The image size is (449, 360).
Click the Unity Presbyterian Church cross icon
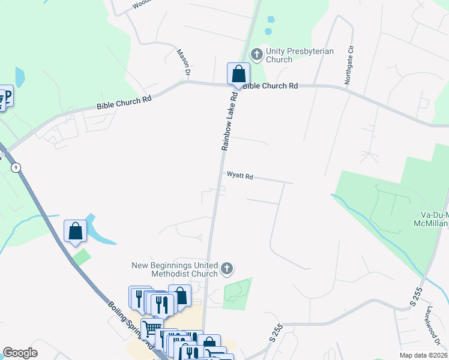click(x=256, y=56)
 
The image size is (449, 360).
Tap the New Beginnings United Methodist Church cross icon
click(x=227, y=268)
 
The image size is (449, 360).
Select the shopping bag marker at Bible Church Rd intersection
click(x=238, y=75)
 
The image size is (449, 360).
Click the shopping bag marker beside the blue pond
click(x=75, y=232)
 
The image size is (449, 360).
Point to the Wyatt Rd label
click(x=240, y=176)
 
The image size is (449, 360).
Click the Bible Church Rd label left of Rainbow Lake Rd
click(x=124, y=102)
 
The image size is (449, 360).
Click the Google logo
click(x=20, y=353)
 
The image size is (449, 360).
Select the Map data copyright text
click(x=424, y=355)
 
